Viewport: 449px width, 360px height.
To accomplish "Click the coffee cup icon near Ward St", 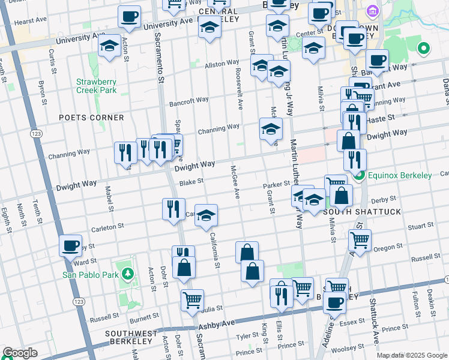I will [x=71, y=245].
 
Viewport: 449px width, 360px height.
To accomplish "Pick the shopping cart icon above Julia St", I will [x=192, y=300].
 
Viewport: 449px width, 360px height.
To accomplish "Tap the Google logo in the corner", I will [x=19, y=353].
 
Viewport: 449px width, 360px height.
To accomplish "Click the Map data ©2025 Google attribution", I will [x=412, y=355].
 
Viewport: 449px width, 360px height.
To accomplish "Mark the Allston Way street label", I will [x=221, y=64].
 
